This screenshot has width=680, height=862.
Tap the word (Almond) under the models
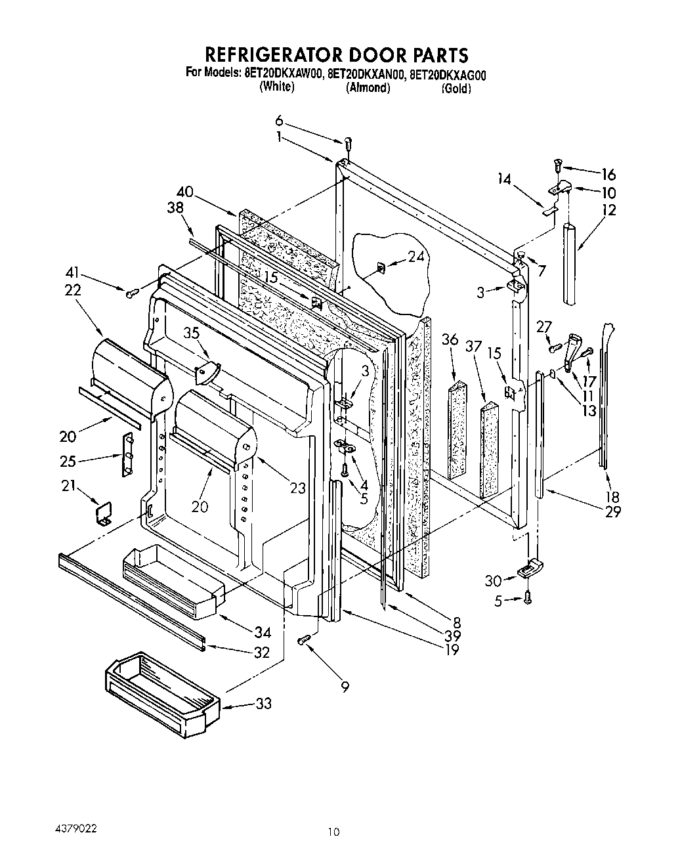pyautogui.click(x=368, y=88)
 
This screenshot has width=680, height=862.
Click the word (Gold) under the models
pyautogui.click(x=456, y=89)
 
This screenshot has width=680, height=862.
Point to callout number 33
pyautogui.click(x=263, y=704)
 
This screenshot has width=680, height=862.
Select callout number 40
pyautogui.click(x=185, y=192)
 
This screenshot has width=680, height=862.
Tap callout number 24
pyautogui.click(x=416, y=257)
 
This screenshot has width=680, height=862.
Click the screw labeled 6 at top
pyautogui.click(x=348, y=141)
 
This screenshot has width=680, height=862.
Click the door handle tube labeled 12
pyautogui.click(x=571, y=263)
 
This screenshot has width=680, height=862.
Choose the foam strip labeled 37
pyautogui.click(x=489, y=450)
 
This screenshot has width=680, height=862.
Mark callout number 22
pyautogui.click(x=72, y=290)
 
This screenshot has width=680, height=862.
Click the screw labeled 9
pyautogui.click(x=305, y=640)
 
